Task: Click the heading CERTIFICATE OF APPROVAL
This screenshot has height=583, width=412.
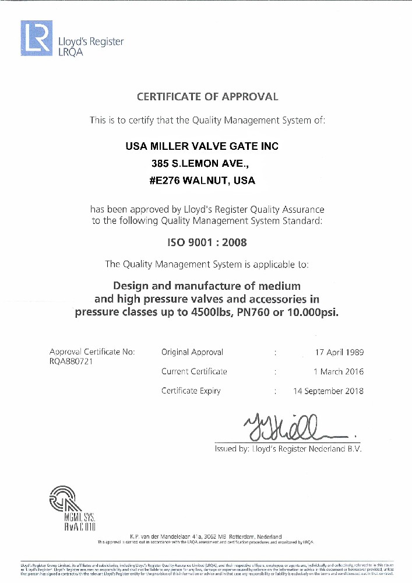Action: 207,97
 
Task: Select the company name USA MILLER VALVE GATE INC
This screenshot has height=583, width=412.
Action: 202,146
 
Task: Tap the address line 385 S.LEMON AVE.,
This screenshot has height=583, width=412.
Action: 192,163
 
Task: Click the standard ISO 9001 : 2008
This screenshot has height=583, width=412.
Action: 207,243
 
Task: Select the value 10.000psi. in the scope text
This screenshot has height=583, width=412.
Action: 315,312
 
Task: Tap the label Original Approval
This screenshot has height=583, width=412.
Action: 192,352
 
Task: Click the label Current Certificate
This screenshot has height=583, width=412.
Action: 194,371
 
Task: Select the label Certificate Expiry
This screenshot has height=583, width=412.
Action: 191,391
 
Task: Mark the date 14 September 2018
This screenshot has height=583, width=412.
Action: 328,391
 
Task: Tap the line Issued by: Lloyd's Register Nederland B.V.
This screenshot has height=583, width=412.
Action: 288,449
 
